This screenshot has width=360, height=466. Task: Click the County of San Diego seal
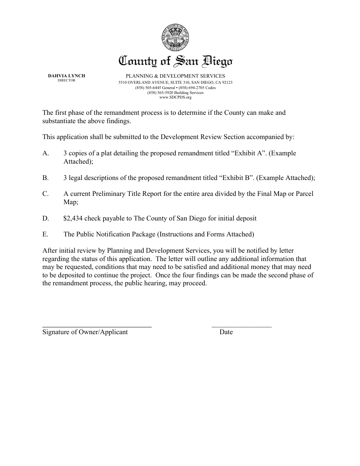[x=175, y=38]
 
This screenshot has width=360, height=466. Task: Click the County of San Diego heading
[x=176, y=61]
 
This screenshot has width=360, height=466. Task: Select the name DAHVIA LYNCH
[x=66, y=76]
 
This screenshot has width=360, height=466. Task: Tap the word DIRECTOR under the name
[x=66, y=80]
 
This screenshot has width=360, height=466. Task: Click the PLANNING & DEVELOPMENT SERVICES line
[x=175, y=76]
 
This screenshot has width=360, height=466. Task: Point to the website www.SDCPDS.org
[x=175, y=97]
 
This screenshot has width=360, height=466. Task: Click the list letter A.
[x=46, y=153]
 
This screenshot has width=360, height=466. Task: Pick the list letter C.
[x=46, y=194]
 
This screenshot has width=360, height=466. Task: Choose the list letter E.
[x=45, y=235]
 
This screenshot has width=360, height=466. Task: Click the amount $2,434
[x=73, y=219]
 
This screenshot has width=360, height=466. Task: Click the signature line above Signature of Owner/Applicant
[x=97, y=326]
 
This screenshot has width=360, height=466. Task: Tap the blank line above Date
[x=241, y=326]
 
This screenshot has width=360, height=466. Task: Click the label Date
[x=226, y=332]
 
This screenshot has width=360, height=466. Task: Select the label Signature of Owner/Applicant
[x=85, y=332]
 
